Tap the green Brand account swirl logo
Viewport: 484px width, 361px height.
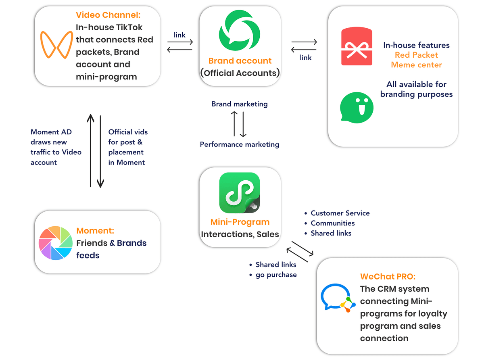pos(239,30)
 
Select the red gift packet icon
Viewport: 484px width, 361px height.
pos(356,46)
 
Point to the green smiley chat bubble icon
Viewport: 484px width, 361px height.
pos(356,107)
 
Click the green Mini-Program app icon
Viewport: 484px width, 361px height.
pos(239,192)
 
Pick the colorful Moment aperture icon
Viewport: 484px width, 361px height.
pos(55,242)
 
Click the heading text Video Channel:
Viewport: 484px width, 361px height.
pos(108,15)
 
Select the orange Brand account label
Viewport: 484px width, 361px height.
pos(240,61)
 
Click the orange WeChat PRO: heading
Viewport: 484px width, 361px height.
pos(388,276)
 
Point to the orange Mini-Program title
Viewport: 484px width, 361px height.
pos(240,222)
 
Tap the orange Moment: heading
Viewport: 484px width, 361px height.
pos(95,230)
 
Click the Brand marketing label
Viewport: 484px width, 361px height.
pos(239,104)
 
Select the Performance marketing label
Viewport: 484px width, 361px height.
pos(239,144)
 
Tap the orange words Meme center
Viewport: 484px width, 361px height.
pos(416,65)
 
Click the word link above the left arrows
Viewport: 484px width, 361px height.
pos(179,35)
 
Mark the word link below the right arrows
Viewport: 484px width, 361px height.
pos(305,58)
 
